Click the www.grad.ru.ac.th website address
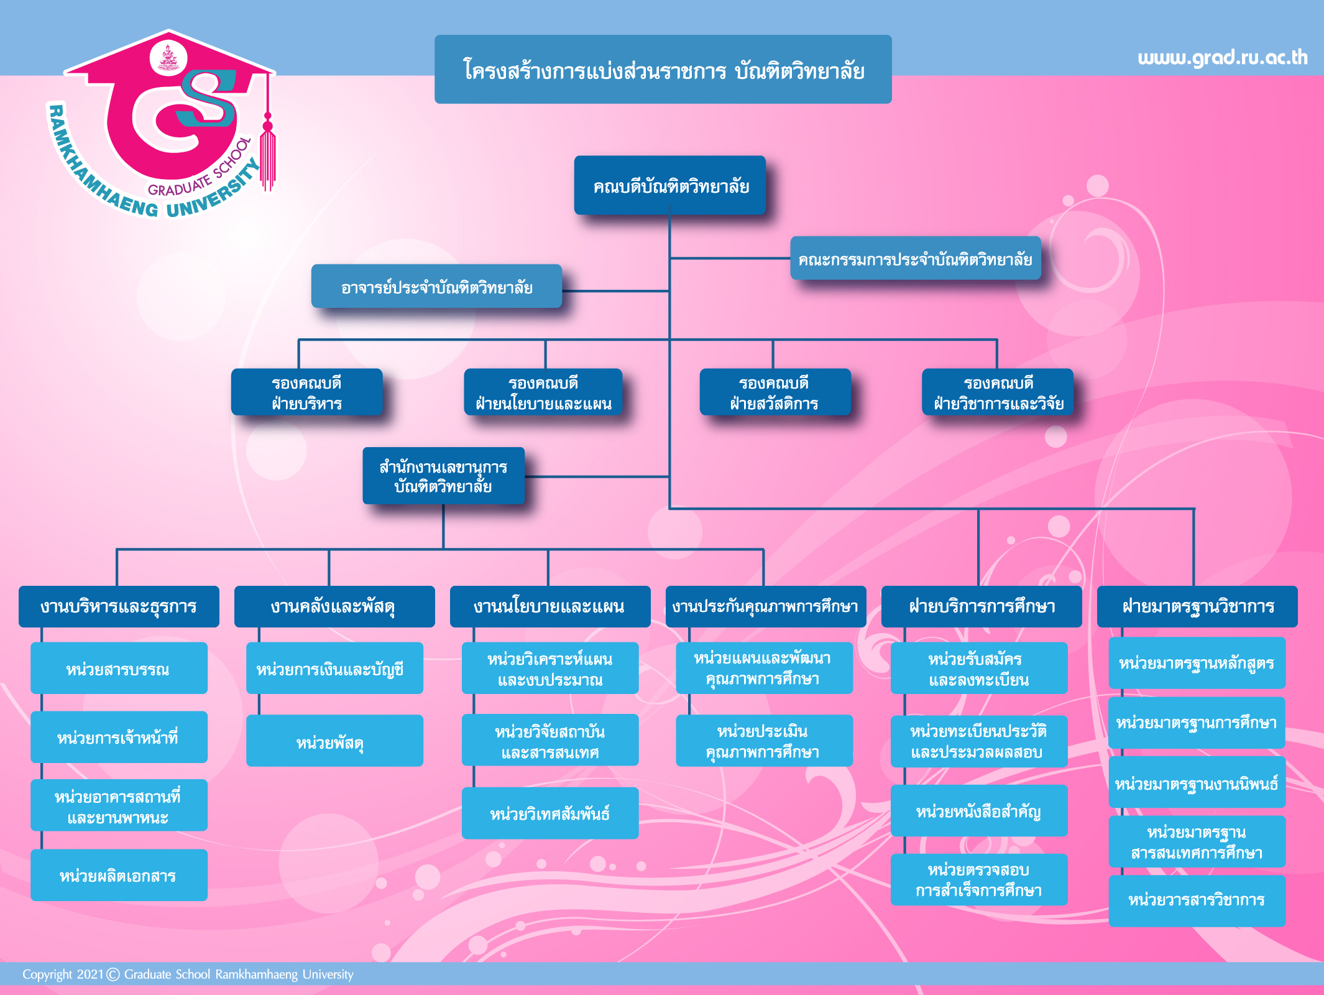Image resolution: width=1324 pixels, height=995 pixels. pyautogui.click(x=1222, y=58)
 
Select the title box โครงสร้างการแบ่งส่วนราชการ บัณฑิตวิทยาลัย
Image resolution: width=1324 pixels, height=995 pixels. pyautogui.click(x=663, y=70)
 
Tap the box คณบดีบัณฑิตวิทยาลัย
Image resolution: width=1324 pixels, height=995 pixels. pyautogui.click(x=670, y=185)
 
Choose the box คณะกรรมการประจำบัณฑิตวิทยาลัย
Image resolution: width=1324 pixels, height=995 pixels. pyautogui.click(x=915, y=259)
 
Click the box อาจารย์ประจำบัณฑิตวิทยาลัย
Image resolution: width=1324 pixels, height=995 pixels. pyautogui.click(x=436, y=287)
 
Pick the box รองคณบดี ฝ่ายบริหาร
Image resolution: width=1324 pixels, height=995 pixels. pyautogui.click(x=306, y=392)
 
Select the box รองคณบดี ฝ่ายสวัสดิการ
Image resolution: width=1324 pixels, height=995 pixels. pyautogui.click(x=775, y=392)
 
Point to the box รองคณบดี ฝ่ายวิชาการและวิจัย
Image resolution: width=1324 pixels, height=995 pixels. pyautogui.click(x=998, y=392)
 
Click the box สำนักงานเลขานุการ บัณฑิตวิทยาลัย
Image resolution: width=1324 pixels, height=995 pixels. pyautogui.click(x=443, y=476)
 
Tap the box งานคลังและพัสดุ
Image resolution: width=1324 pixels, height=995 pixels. pyautogui.click(x=334, y=606)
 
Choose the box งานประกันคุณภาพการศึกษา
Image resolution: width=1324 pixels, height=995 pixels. pyautogui.click(x=765, y=606)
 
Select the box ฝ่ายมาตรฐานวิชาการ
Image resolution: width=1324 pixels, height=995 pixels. pyautogui.click(x=1197, y=606)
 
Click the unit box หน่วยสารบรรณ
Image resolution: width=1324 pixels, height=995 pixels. pyautogui.click(x=119, y=669)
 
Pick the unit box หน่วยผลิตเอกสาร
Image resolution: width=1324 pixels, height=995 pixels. pyautogui.click(x=119, y=875)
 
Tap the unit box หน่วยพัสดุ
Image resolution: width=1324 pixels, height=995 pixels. pyautogui.click(x=334, y=741)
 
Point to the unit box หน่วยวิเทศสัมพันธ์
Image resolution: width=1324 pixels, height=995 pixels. pyautogui.click(x=550, y=813)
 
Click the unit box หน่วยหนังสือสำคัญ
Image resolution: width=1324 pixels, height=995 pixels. pyautogui.click(x=978, y=811)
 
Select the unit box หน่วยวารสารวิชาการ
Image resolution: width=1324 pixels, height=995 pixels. pyautogui.click(x=1197, y=900)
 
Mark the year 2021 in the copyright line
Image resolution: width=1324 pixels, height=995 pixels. pyautogui.click(x=90, y=974)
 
